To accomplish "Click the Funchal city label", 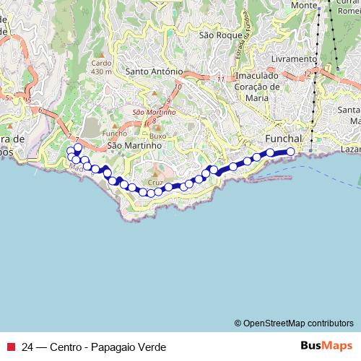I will click(283, 138).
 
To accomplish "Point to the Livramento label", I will click(294, 58).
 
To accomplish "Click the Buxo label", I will click(159, 136).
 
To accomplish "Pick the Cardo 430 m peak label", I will click(100, 67).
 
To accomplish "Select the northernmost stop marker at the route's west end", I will click(78, 147).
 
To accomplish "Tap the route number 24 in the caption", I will click(28, 347).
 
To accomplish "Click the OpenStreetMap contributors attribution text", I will click(294, 323).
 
